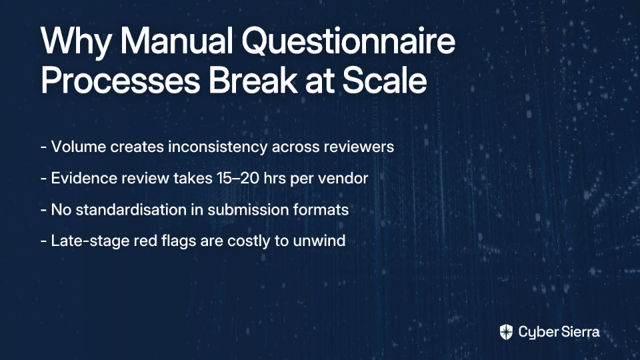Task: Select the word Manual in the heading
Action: coord(176,41)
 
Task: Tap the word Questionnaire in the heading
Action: coord(349,41)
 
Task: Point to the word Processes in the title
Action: coord(121,80)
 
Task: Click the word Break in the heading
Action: coord(253,80)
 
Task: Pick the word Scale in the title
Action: coord(385,80)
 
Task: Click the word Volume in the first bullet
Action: coord(79,147)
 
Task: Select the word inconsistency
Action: coord(217,147)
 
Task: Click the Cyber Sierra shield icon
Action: coord(506,332)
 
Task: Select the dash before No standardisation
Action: coord(44,211)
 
